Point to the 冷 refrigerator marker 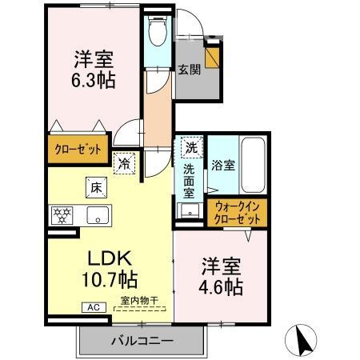[126, 163]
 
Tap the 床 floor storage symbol [93, 187]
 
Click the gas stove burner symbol [62, 214]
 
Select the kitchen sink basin [98, 214]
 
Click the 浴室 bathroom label [222, 166]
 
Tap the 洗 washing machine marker [190, 148]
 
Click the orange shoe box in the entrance [214, 58]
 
